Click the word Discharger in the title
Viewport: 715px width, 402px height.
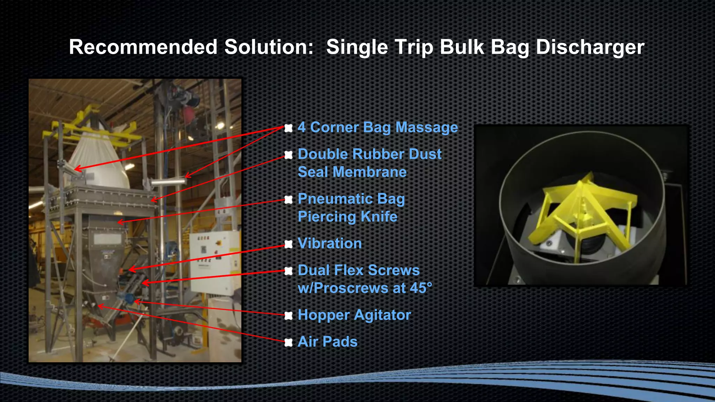tap(590, 47)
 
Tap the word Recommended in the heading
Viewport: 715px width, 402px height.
tap(143, 47)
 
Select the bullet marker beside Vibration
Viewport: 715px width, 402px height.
tap(288, 244)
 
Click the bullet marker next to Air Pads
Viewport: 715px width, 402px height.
tap(288, 342)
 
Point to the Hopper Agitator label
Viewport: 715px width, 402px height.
tap(354, 315)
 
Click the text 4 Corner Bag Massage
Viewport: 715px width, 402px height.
tap(377, 127)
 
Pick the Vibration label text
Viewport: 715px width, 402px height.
tap(330, 244)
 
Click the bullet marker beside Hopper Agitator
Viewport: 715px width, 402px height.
tap(288, 316)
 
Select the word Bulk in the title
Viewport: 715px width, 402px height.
tap(462, 47)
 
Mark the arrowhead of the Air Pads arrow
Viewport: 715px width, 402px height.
tap(99, 306)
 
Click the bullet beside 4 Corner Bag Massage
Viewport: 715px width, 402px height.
tap(288, 128)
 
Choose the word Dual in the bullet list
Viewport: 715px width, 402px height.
tap(313, 270)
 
